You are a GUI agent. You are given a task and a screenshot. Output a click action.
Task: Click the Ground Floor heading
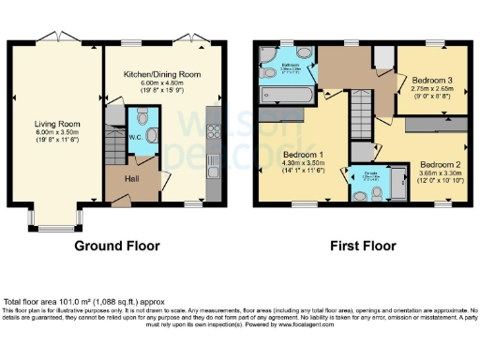click(x=116, y=247)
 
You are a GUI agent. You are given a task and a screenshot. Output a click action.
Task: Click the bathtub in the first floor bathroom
click(x=290, y=97)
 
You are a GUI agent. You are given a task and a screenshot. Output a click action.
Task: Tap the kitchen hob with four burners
click(x=211, y=119)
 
